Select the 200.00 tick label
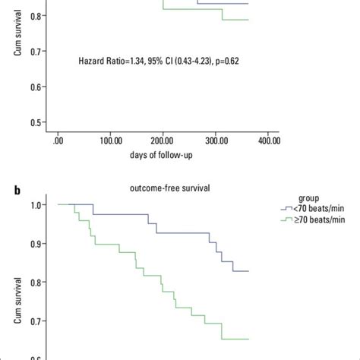click(x=163, y=141)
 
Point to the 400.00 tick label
click(x=268, y=141)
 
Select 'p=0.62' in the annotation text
click(x=228, y=59)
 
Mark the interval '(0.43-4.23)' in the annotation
click(x=186, y=59)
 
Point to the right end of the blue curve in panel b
click(x=248, y=270)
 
